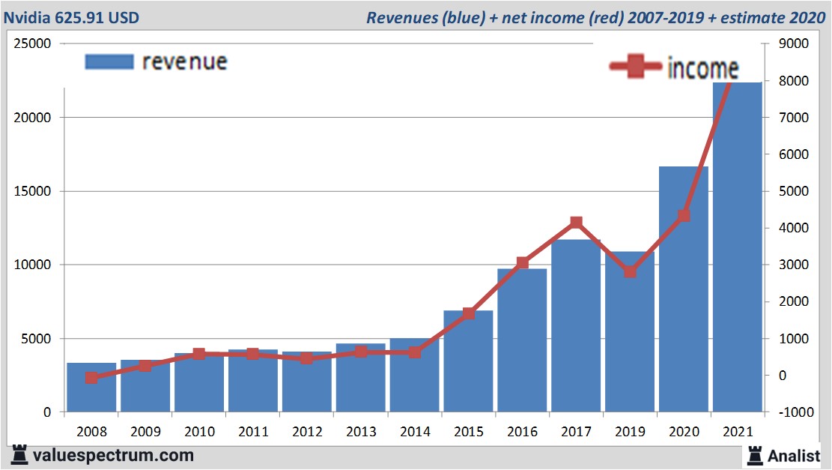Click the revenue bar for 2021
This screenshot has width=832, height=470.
coord(737,247)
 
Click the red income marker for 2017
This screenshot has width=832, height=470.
coord(576,223)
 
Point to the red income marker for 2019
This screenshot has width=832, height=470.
coord(630,271)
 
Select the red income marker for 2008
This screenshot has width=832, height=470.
coord(91,378)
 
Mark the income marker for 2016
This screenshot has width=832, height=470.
coord(522,263)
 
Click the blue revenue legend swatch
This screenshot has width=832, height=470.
coord(109,61)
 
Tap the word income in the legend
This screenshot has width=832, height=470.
coord(702,68)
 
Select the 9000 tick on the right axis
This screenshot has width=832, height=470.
coord(794,43)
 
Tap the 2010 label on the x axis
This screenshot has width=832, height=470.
coord(199,433)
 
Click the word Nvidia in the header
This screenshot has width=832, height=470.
coord(28,17)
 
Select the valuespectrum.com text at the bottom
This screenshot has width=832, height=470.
coord(112,455)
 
